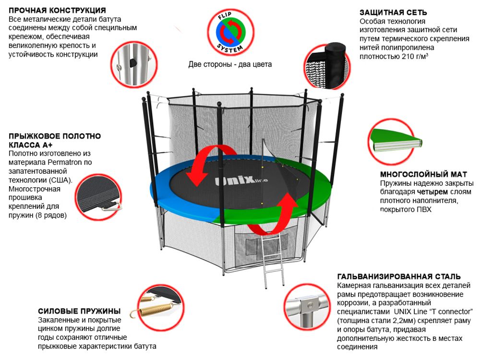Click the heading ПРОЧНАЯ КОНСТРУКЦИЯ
click(58, 10)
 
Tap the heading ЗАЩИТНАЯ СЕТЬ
click(393, 12)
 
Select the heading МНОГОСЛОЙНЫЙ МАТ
click(423, 174)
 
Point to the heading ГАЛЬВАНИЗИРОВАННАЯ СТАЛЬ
click(399, 276)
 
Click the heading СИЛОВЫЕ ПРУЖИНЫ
click(79, 311)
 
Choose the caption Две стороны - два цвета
click(230, 64)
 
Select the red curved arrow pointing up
click(281, 211)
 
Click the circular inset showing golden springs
click(158, 304)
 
